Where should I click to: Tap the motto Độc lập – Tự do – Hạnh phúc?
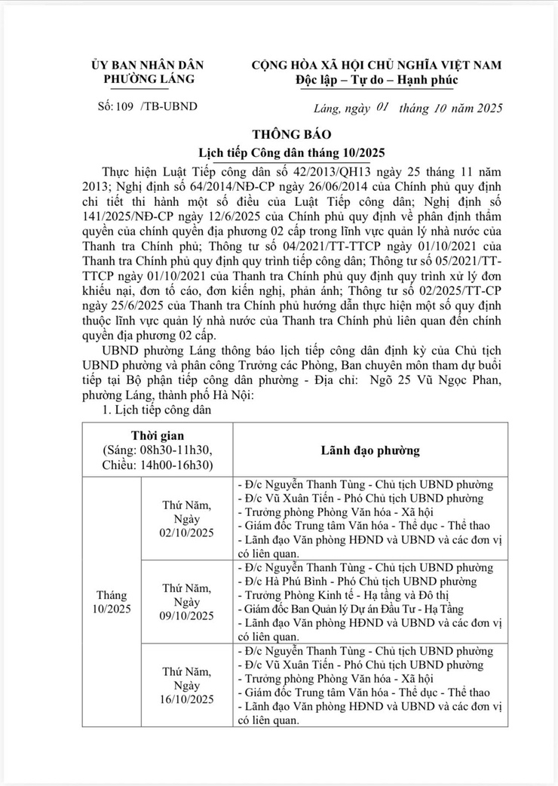[377, 80]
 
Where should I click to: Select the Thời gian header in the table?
[157, 436]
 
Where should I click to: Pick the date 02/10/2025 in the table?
[187, 533]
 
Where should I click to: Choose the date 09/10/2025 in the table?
[187, 616]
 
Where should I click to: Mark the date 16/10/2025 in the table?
[187, 698]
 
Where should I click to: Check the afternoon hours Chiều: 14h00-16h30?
[157, 465]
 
